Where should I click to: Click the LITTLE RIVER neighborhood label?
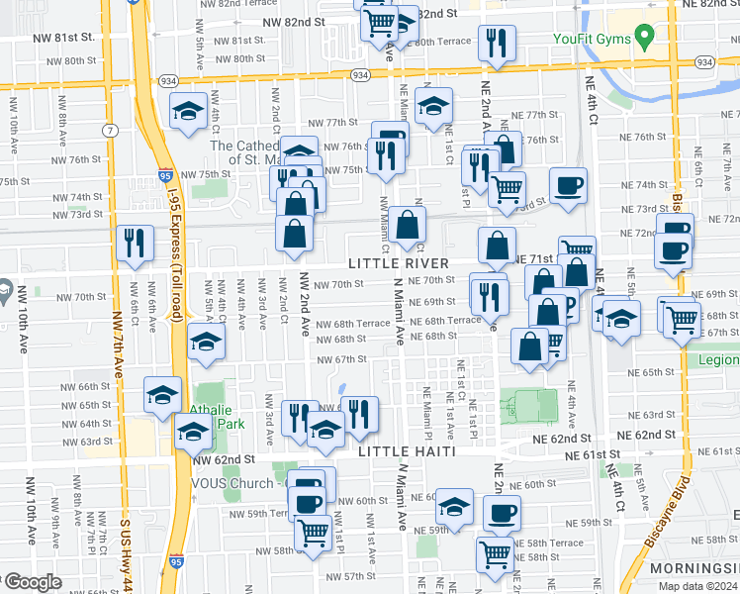(399, 263)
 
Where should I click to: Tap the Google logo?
(32, 583)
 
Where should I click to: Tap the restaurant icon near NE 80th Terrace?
(495, 43)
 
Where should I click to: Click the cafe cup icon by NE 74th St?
(568, 186)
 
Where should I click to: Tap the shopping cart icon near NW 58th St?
(314, 533)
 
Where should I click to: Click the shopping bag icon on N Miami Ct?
(407, 225)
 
